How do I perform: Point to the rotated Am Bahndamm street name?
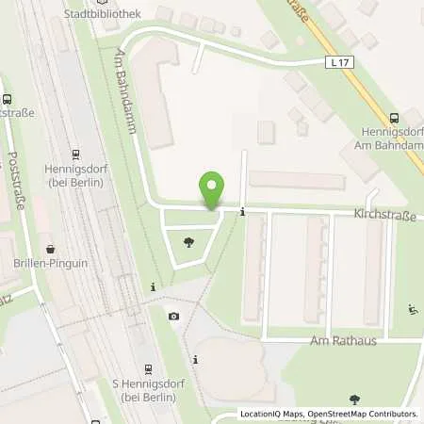pos(126,90)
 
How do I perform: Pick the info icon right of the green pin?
pos(243,211)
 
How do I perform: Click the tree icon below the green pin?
pos(189,243)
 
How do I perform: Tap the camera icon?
pos(172,316)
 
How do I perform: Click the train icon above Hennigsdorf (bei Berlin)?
pos(75,155)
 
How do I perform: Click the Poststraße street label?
pos(15,181)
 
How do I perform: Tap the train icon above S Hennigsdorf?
pos(148,368)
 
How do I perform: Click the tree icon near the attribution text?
pos(355,400)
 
